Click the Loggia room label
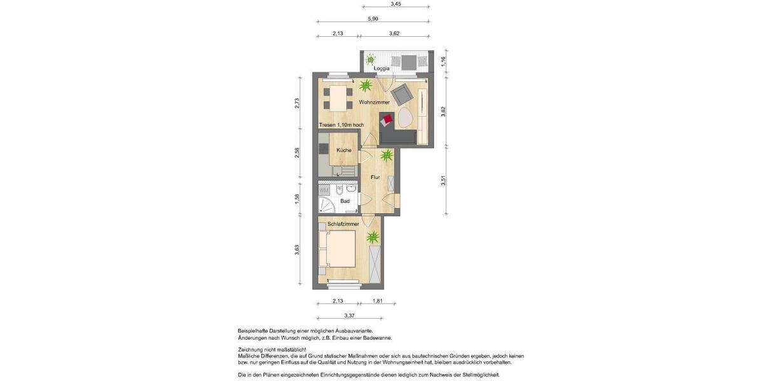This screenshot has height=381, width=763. pyautogui.click(x=381, y=69)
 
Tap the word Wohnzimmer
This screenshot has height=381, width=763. pyautogui.click(x=374, y=102)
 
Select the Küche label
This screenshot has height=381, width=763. pyautogui.click(x=344, y=150)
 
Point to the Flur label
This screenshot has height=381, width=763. pyautogui.click(x=375, y=178)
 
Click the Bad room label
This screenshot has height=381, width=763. pyautogui.click(x=345, y=201)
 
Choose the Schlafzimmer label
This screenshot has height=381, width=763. pyautogui.click(x=343, y=224)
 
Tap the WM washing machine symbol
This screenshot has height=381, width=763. pyautogui.click(x=324, y=190)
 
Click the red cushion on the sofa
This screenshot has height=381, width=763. pyautogui.click(x=388, y=119)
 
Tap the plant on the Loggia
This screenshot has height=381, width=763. pyautogui.click(x=370, y=61)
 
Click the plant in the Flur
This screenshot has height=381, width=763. pyautogui.click(x=387, y=155)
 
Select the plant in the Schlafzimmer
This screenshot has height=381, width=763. pyautogui.click(x=373, y=237)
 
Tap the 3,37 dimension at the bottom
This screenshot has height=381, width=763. pyautogui.click(x=349, y=315)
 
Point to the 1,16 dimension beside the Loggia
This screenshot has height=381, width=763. pyautogui.click(x=443, y=62)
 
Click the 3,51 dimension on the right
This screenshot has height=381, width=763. pyautogui.click(x=443, y=181)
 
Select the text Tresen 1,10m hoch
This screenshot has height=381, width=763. pyautogui.click(x=341, y=125)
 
